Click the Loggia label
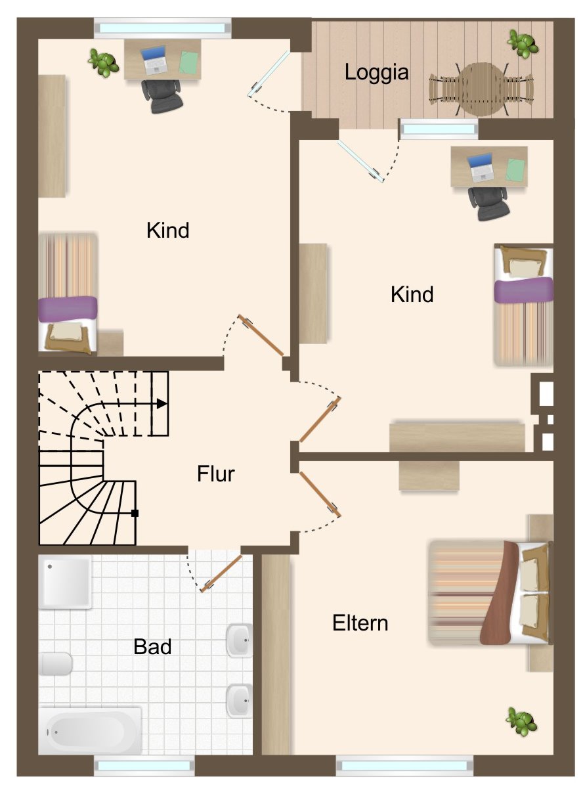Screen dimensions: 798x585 [377, 73]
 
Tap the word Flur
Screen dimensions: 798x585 [216, 474]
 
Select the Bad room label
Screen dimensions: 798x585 [152, 647]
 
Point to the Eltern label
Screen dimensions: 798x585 [360, 623]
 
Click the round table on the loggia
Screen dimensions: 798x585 [482, 89]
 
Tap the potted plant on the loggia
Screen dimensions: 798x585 [523, 43]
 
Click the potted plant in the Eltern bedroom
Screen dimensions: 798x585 [522, 721]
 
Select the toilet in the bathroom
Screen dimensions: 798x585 [56, 663]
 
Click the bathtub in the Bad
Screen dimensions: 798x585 [89, 730]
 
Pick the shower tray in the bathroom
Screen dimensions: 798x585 [65, 582]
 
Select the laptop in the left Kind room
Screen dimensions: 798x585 [156, 60]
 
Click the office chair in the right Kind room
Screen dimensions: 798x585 [488, 201]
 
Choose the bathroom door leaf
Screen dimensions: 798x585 [221, 573]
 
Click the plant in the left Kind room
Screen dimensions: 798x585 [103, 62]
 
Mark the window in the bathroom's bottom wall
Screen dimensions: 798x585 [144, 766]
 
